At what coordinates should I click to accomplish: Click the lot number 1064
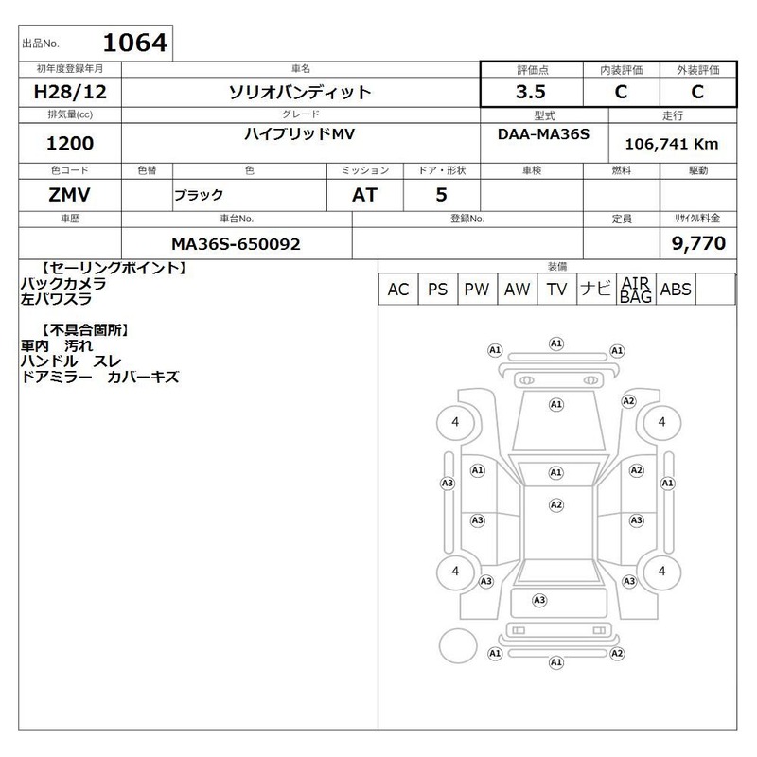pos(135,43)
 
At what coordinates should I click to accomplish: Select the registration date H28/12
pos(70,92)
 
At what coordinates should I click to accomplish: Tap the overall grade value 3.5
pos(531,92)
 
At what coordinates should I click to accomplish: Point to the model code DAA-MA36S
pos(543,133)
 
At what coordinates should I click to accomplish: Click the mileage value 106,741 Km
pos(672,144)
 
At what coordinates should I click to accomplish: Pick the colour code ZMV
pos(69,195)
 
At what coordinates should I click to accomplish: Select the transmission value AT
pos(364,195)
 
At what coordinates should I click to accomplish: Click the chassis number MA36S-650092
pos(236,244)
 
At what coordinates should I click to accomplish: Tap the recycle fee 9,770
pos(698,243)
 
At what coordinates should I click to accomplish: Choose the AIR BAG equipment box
pos(636,290)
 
